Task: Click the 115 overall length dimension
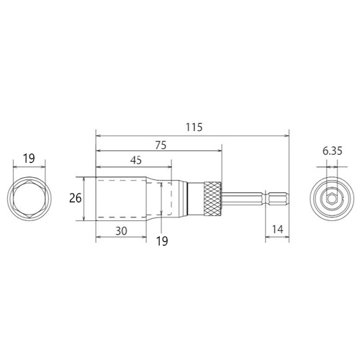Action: (194, 127)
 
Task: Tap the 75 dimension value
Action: (161, 145)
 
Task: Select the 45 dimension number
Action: (136, 161)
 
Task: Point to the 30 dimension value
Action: (121, 231)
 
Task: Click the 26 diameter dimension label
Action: (76, 199)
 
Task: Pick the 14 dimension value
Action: (277, 230)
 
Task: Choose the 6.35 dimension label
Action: (332, 151)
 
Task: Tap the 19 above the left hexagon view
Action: (29, 158)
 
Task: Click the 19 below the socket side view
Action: (162, 241)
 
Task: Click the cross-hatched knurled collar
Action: (213, 199)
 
